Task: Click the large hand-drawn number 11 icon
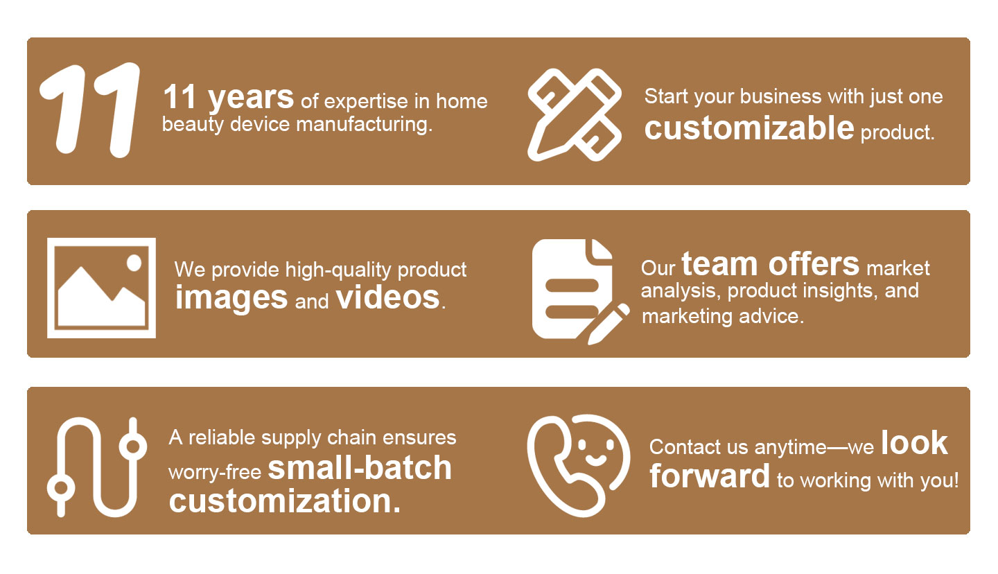(x=89, y=110)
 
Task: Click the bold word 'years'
(x=251, y=98)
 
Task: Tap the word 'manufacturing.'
(x=364, y=124)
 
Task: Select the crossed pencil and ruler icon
(x=575, y=114)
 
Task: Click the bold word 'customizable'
(x=749, y=128)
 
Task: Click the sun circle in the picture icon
(x=134, y=263)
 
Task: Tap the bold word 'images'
(x=231, y=298)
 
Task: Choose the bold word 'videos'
(x=388, y=297)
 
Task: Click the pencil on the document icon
(x=609, y=324)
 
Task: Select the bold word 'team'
(x=719, y=264)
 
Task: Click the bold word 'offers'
(x=814, y=264)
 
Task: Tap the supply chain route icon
(x=97, y=467)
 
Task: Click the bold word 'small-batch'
(x=360, y=468)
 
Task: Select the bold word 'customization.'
(x=285, y=501)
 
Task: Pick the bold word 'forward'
(x=709, y=476)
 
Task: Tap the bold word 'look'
(x=914, y=443)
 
